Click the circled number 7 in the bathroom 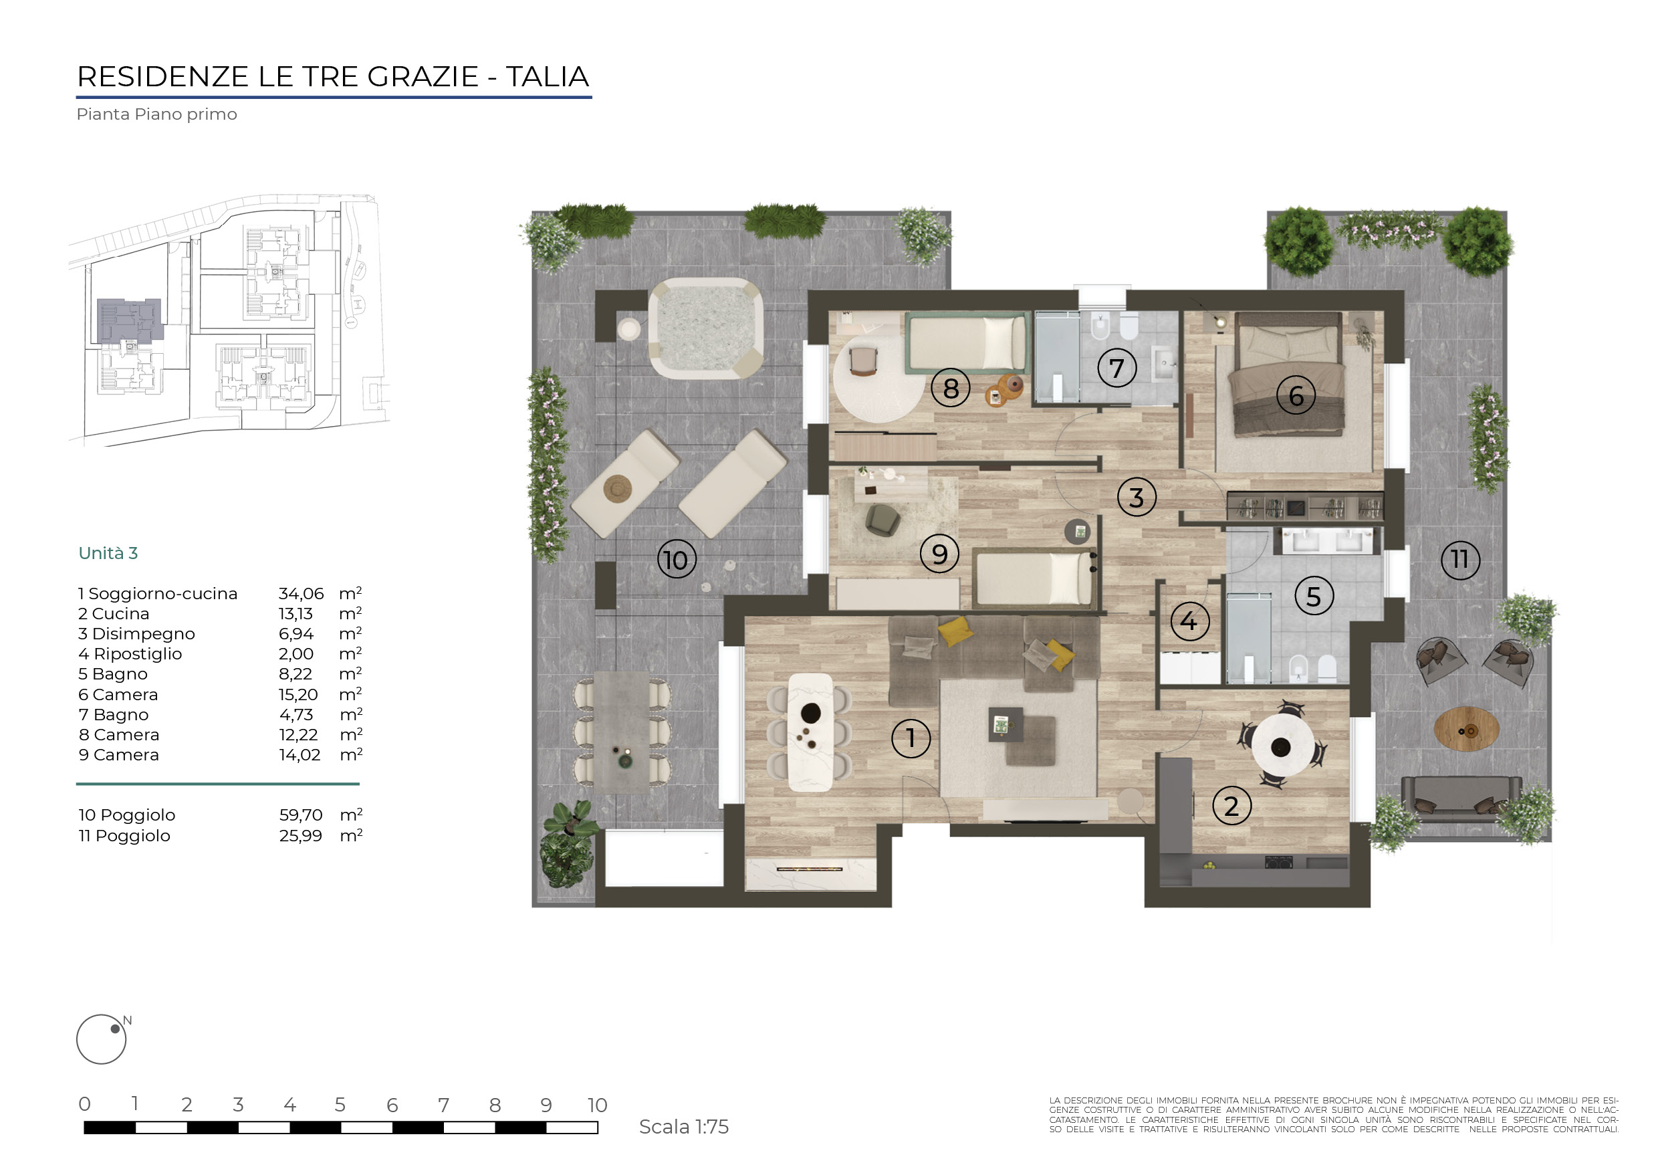pyautogui.click(x=1116, y=368)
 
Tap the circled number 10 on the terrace pyautogui.click(x=677, y=560)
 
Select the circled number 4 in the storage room pyautogui.click(x=1189, y=621)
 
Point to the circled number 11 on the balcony pyautogui.click(x=1460, y=559)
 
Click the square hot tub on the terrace pyautogui.click(x=705, y=328)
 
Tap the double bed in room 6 pyautogui.click(x=1289, y=374)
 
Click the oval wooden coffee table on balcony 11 pyautogui.click(x=1466, y=730)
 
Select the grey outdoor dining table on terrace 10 pyautogui.click(x=622, y=732)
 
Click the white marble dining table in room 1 pyautogui.click(x=811, y=732)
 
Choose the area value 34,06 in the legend pyautogui.click(x=301, y=594)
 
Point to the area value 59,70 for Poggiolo pyautogui.click(x=300, y=815)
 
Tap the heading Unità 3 pyautogui.click(x=108, y=553)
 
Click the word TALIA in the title pyautogui.click(x=548, y=76)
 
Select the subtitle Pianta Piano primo pyautogui.click(x=156, y=114)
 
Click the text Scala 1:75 pyautogui.click(x=684, y=1127)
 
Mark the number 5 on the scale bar pyautogui.click(x=340, y=1104)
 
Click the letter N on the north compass pyautogui.click(x=127, y=1021)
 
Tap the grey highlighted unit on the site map pyautogui.click(x=130, y=320)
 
